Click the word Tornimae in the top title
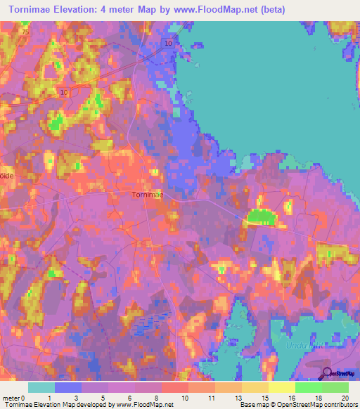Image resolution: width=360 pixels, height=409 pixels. click(34, 10)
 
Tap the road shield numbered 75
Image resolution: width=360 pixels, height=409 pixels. click(26, 32)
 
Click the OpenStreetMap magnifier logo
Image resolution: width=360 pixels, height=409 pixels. click(326, 375)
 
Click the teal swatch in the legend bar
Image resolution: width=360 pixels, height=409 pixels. click(41, 387)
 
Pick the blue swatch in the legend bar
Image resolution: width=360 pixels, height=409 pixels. click(68, 387)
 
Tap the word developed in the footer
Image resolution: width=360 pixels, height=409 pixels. click(94, 405)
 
